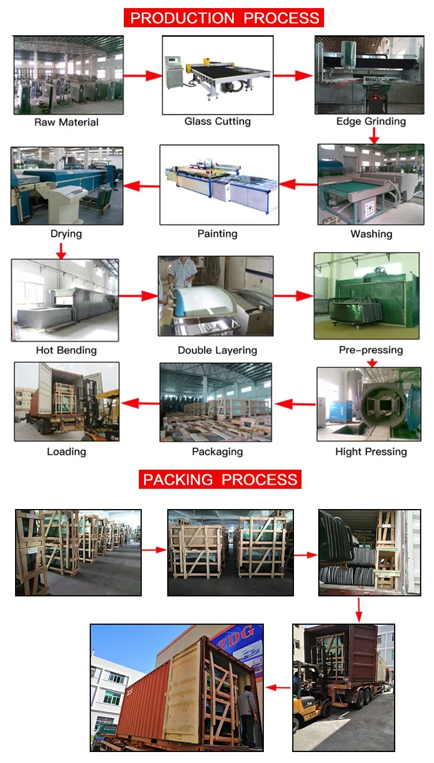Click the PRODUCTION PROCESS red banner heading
(224, 17)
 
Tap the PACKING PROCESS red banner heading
(220, 480)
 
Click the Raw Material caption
(67, 122)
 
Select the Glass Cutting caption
(218, 121)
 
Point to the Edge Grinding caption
(371, 121)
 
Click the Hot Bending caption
(66, 350)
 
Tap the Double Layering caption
(217, 350)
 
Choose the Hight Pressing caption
(371, 452)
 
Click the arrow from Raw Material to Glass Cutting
(142, 75)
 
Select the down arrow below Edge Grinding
(374, 136)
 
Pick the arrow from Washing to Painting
(299, 185)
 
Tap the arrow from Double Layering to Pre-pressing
(293, 296)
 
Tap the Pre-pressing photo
(366, 296)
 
